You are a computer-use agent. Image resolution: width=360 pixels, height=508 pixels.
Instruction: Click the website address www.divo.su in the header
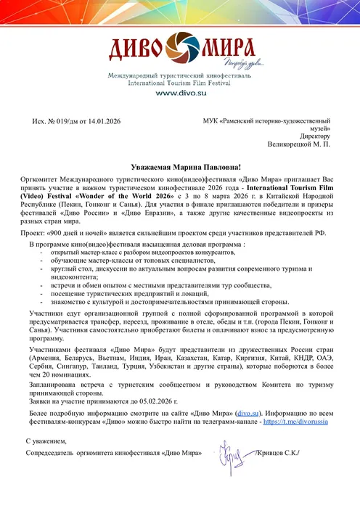pos(180,94)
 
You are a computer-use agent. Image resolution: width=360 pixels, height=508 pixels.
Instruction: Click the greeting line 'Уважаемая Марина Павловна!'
pos(179,166)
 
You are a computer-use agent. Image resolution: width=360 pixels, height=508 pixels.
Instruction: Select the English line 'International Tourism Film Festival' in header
pos(180,83)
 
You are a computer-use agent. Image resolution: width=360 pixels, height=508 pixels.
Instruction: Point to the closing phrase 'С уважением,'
pos(48,441)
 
